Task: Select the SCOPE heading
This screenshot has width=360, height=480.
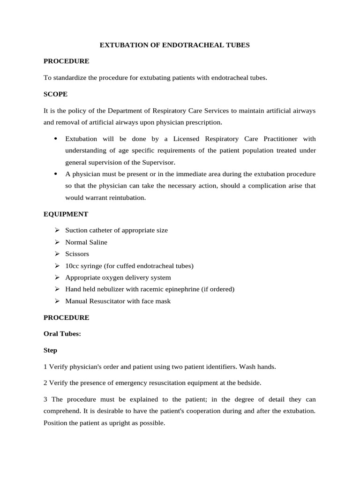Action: (x=55, y=94)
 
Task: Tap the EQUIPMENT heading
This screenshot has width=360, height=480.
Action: (x=66, y=214)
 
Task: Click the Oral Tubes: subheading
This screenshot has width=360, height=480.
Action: (x=62, y=334)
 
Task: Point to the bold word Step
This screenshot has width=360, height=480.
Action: (x=51, y=350)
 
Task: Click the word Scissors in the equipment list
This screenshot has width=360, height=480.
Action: (x=77, y=254)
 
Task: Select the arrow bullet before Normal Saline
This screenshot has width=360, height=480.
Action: (x=57, y=242)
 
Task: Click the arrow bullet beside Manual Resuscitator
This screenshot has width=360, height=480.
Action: (x=57, y=301)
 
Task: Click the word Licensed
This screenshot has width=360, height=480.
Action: (x=173, y=139)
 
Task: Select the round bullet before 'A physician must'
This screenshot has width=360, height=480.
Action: (x=56, y=174)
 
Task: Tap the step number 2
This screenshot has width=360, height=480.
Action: (x=45, y=382)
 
